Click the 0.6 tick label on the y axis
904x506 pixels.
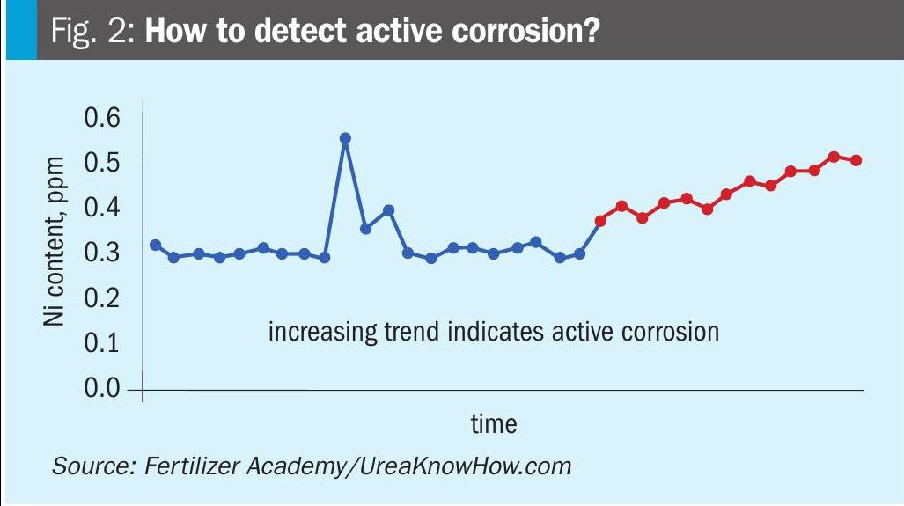point(103,118)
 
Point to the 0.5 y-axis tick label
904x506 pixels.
point(103,163)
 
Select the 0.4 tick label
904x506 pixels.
point(103,209)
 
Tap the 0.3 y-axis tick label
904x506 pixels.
point(103,253)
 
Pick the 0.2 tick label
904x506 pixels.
point(103,298)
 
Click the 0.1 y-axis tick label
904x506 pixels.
point(103,343)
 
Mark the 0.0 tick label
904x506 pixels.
point(103,388)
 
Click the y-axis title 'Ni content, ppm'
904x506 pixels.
point(55,240)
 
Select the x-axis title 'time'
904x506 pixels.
point(494,424)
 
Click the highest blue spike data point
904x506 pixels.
point(345,138)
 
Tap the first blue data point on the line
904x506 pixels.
point(155,245)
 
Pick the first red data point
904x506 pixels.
point(600,221)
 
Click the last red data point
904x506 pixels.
point(856,160)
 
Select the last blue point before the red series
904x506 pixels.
point(579,253)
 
